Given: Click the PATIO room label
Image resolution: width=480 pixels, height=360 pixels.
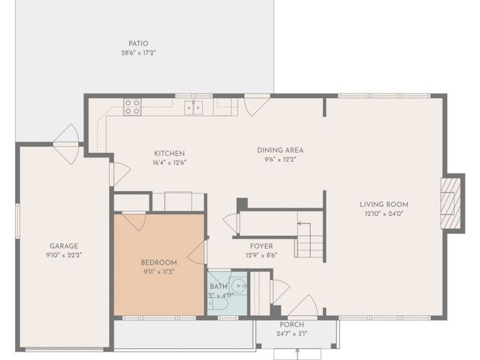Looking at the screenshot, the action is pyautogui.click(x=139, y=43).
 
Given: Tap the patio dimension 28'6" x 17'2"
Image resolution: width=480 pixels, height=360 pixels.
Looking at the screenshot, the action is pyautogui.click(x=139, y=53).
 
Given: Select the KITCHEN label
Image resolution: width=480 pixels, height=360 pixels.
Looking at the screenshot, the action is pyautogui.click(x=169, y=154).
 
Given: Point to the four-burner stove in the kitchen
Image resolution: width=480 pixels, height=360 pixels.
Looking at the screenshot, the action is pyautogui.click(x=132, y=107).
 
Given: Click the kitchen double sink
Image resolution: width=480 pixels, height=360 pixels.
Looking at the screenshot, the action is pyautogui.click(x=193, y=107).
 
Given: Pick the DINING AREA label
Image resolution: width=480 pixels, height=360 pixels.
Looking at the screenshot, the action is pyautogui.click(x=280, y=151).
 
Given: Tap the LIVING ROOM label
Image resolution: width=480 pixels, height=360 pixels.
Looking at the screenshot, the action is pyautogui.click(x=384, y=205).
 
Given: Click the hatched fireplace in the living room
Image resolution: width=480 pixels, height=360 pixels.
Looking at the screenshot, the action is pyautogui.click(x=451, y=203).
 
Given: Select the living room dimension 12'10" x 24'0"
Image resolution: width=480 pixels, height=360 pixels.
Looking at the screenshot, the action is pyautogui.click(x=384, y=214).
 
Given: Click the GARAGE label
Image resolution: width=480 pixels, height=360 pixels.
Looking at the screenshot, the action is pyautogui.click(x=64, y=246).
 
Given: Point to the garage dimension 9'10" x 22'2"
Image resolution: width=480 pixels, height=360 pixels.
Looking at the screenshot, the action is pyautogui.click(x=64, y=255).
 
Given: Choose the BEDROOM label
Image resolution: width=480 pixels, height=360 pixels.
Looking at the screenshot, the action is pyautogui.click(x=159, y=263).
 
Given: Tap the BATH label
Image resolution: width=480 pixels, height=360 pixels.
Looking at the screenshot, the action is pyautogui.click(x=218, y=287).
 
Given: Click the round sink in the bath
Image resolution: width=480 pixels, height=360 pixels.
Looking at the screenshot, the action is pyautogui.click(x=238, y=286).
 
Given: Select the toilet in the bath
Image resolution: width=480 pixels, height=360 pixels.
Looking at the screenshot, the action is pyautogui.click(x=218, y=304).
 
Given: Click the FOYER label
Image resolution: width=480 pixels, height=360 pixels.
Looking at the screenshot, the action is pyautogui.click(x=262, y=246).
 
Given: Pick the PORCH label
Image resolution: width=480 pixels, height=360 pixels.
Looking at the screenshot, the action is pyautogui.click(x=292, y=325).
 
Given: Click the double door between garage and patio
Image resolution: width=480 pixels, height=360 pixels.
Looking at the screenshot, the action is pyautogui.click(x=67, y=144).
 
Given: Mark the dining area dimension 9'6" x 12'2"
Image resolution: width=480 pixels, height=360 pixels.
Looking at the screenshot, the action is pyautogui.click(x=280, y=160).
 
